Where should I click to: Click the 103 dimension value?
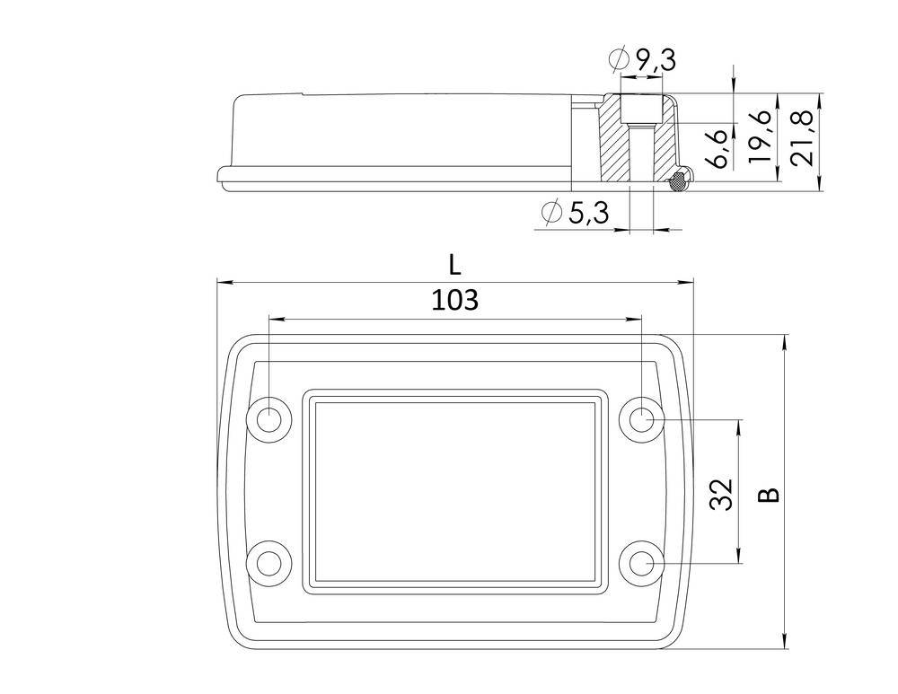pos(454,301)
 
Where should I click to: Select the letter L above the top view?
pos(455,264)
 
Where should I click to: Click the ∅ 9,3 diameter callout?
pos(641,61)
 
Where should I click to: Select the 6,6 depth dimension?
pos(715,147)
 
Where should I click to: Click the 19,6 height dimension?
pos(760,135)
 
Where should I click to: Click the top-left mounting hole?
pos(269,418)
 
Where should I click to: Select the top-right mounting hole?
pos(641,418)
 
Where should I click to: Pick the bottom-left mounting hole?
pos(269,563)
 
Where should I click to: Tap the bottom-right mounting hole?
pos(641,563)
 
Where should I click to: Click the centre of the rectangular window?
pos(454,491)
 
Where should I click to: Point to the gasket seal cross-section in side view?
pos(679,180)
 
